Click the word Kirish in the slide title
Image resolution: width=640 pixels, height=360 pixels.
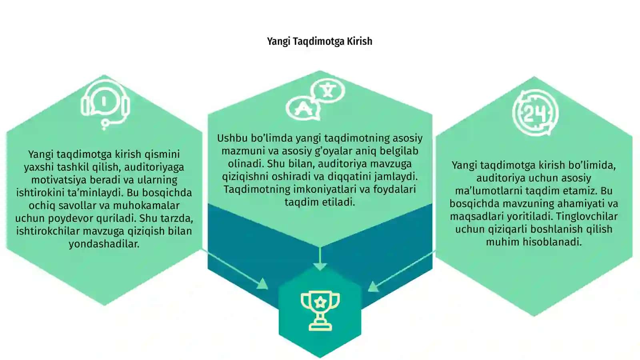tap(360, 41)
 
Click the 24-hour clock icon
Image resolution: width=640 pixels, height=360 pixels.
tap(535, 112)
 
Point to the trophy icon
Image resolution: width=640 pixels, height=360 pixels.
tap(320, 310)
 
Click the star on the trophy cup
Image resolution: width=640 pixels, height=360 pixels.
tap(320, 302)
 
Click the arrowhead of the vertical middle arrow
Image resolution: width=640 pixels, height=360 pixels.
tap(320, 266)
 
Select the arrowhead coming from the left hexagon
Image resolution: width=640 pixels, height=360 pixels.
tap(262, 284)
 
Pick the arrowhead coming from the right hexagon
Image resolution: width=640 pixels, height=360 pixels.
tap(373, 286)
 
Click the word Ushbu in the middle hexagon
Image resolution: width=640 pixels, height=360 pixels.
tap(232, 138)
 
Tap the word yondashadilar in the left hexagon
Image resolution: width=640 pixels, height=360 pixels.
tap(104, 244)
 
